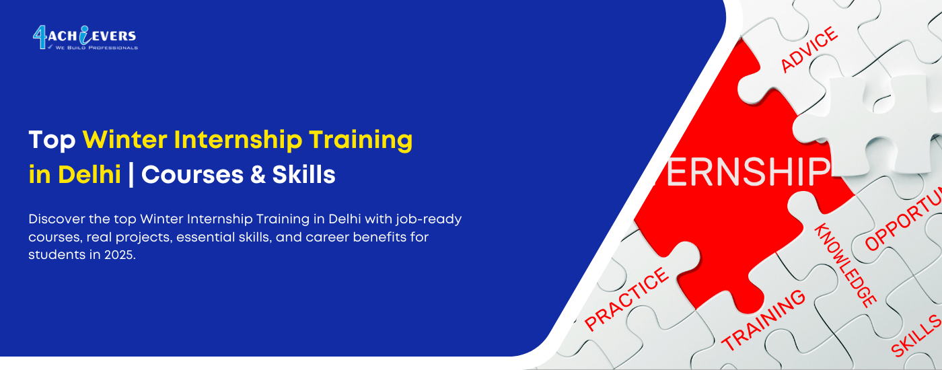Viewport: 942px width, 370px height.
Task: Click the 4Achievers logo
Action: click(85, 38)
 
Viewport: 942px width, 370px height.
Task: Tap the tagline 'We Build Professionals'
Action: click(96, 48)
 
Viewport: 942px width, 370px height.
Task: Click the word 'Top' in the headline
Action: click(52, 140)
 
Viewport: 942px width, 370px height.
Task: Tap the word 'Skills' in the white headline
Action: click(303, 175)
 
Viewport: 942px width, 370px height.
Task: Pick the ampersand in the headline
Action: click(255, 175)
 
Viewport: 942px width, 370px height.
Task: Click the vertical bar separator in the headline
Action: click(131, 175)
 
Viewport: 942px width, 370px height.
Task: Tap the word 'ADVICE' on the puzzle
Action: click(809, 49)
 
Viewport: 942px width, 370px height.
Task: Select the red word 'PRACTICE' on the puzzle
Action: click(627, 298)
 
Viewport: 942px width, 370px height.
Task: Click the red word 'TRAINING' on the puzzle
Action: click(764, 320)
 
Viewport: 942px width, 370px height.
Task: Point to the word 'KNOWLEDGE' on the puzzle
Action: click(845, 265)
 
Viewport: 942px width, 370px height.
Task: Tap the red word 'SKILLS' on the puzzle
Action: click(916, 335)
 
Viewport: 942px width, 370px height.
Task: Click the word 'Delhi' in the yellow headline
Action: click(89, 175)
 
